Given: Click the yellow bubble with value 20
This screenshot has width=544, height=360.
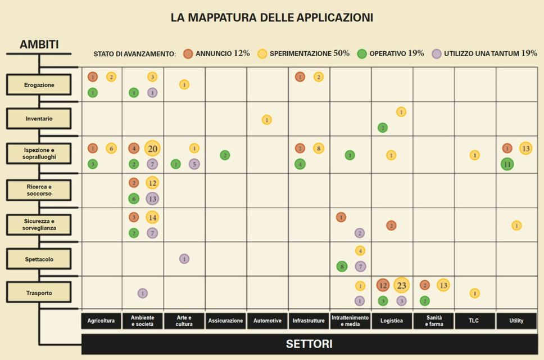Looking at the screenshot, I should coord(152,148).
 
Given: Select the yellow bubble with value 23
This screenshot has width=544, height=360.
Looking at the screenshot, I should coord(401,285).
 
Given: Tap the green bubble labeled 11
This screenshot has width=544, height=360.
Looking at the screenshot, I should coord(507,164).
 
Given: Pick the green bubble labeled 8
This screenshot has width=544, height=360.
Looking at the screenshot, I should coord(342,266).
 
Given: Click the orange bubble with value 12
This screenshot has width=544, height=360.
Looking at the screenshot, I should coord(383,285).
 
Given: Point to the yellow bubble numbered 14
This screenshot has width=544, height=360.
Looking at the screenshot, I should coord(152,217).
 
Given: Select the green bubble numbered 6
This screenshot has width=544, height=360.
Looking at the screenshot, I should coord(134,198).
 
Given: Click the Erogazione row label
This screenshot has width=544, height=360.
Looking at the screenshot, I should coord(39,85).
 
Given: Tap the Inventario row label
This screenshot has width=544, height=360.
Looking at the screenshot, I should coord(39,119).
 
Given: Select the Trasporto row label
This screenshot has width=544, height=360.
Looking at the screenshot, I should coord(39,292).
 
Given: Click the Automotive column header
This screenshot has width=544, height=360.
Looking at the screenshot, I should coord(268,321).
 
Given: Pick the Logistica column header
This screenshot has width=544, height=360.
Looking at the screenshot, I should coord(392,321).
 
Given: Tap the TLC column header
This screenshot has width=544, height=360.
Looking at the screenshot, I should coord(475,321).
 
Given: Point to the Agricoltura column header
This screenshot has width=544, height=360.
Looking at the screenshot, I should coord(101,321).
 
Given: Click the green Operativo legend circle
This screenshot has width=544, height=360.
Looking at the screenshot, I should coord(362,54).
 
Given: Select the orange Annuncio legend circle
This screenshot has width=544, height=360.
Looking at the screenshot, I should coord(188,54).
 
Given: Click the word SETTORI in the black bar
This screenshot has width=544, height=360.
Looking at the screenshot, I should coord(309,344).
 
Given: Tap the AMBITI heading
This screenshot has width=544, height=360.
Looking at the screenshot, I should coord(39,44).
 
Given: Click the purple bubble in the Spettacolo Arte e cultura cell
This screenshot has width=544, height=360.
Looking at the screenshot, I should coord(184,259).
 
